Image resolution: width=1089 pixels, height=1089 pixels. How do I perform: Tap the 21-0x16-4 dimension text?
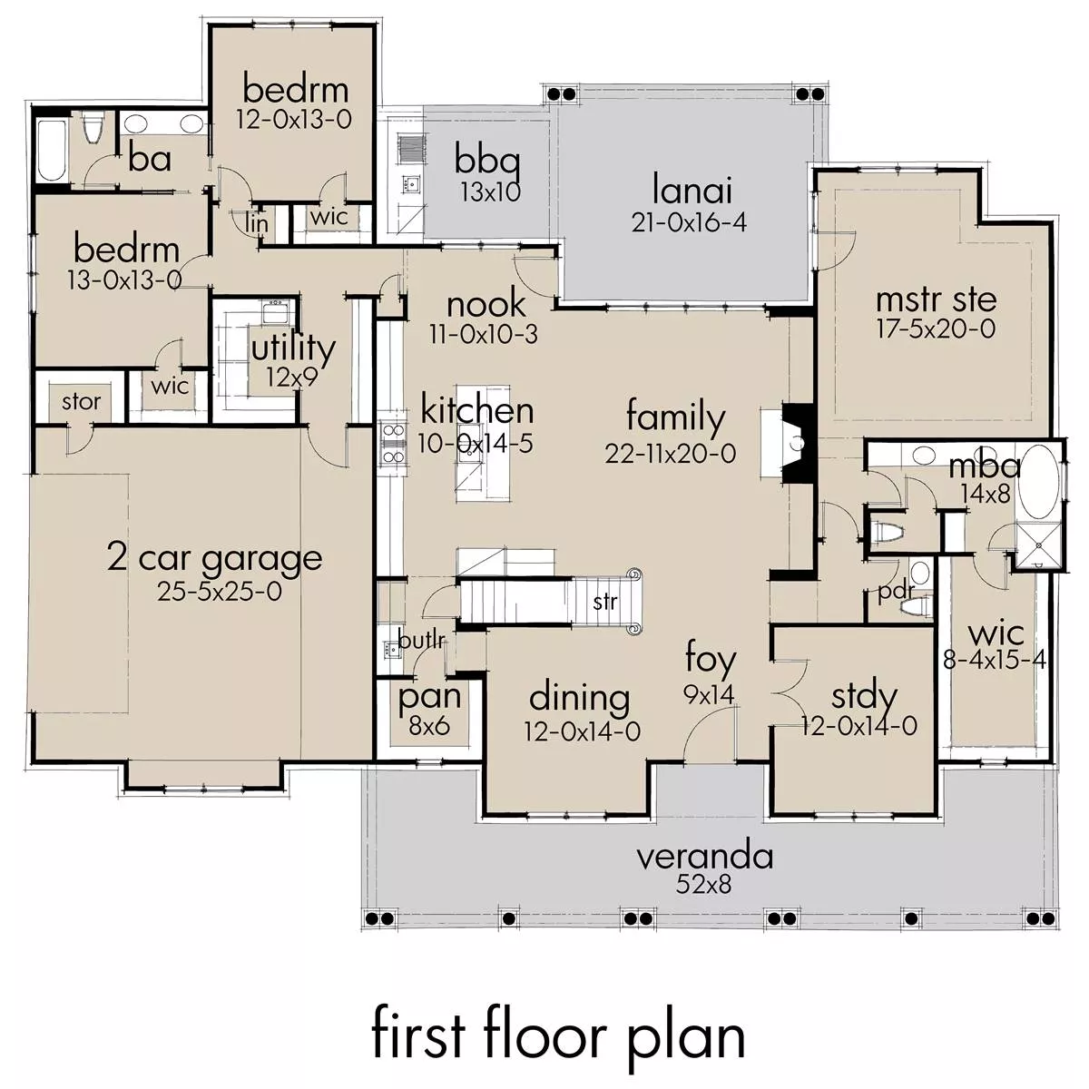click(689, 222)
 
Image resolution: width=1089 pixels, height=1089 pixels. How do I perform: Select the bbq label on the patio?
click(487, 162)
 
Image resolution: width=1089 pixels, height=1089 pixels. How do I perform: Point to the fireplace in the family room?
click(798, 443)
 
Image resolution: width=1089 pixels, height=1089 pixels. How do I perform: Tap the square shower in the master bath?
click(1037, 544)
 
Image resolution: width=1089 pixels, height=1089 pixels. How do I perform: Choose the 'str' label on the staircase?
click(605, 603)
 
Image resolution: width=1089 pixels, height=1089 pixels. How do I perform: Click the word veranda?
click(705, 857)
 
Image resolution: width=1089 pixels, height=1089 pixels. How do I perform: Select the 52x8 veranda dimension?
click(703, 885)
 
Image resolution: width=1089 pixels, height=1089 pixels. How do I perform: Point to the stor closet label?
click(82, 402)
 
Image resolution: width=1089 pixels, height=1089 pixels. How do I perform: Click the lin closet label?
click(257, 222)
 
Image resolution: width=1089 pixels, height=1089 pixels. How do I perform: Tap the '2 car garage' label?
click(215, 559)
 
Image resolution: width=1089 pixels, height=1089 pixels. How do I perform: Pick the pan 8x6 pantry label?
click(430, 710)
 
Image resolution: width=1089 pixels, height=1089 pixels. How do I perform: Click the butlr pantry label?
click(422, 641)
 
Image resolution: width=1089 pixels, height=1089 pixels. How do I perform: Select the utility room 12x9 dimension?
click(292, 378)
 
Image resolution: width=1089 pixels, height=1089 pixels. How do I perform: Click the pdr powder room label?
click(897, 592)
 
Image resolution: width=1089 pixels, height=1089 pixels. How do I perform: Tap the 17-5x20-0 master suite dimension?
click(936, 329)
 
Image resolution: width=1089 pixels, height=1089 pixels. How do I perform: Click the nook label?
click(486, 305)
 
